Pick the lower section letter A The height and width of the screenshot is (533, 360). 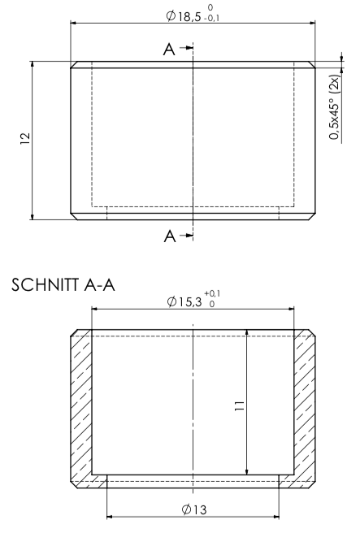(168, 236)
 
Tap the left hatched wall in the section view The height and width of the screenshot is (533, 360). (81, 406)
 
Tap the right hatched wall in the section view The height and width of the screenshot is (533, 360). (304, 406)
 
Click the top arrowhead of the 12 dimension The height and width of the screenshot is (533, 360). (33, 66)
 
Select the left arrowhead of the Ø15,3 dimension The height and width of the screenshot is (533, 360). (96, 309)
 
